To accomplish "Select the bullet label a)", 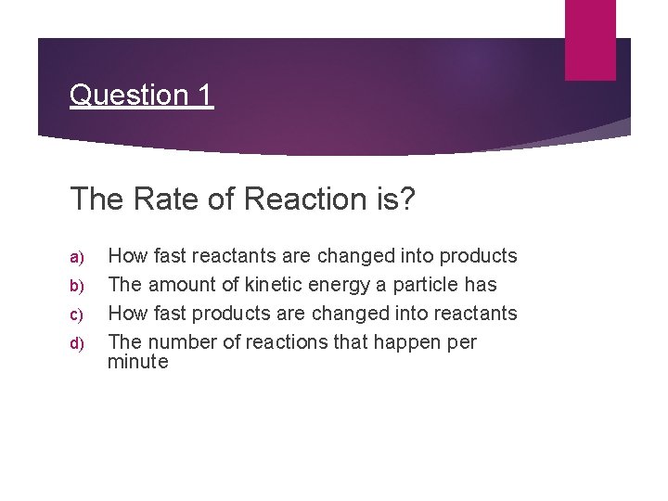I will (x=77, y=257).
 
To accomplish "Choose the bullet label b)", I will (x=77, y=286).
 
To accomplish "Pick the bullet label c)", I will (x=77, y=315).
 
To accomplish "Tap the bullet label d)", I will (x=77, y=343).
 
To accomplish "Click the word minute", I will (x=137, y=362).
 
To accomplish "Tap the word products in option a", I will (x=479, y=256).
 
